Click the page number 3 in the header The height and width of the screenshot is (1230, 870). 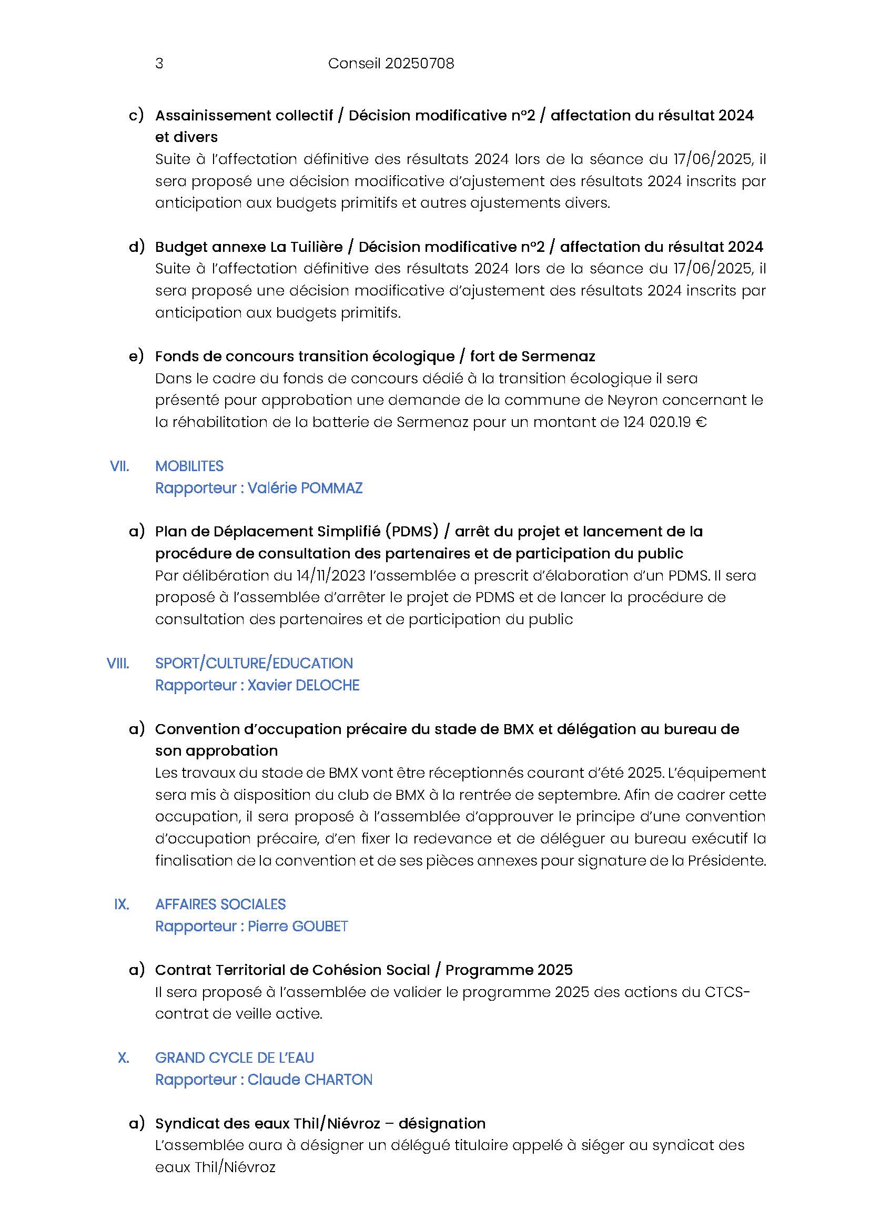coord(159,64)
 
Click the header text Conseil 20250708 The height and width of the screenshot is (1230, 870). coord(390,64)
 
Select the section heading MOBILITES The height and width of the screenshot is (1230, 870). coord(189,466)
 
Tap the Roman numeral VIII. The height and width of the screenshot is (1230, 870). coord(118,663)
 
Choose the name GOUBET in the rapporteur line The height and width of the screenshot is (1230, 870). coord(321,926)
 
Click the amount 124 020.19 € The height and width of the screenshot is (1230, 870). coord(664,422)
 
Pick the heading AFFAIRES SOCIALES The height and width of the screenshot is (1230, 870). coord(220,904)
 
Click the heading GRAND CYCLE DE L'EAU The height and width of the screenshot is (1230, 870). coord(234,1058)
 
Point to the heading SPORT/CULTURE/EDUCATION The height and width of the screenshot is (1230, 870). coord(254,663)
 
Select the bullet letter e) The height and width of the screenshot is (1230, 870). coord(136,356)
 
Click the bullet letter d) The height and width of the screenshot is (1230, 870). coord(137,247)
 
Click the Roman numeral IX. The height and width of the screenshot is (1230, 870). coord(122,904)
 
